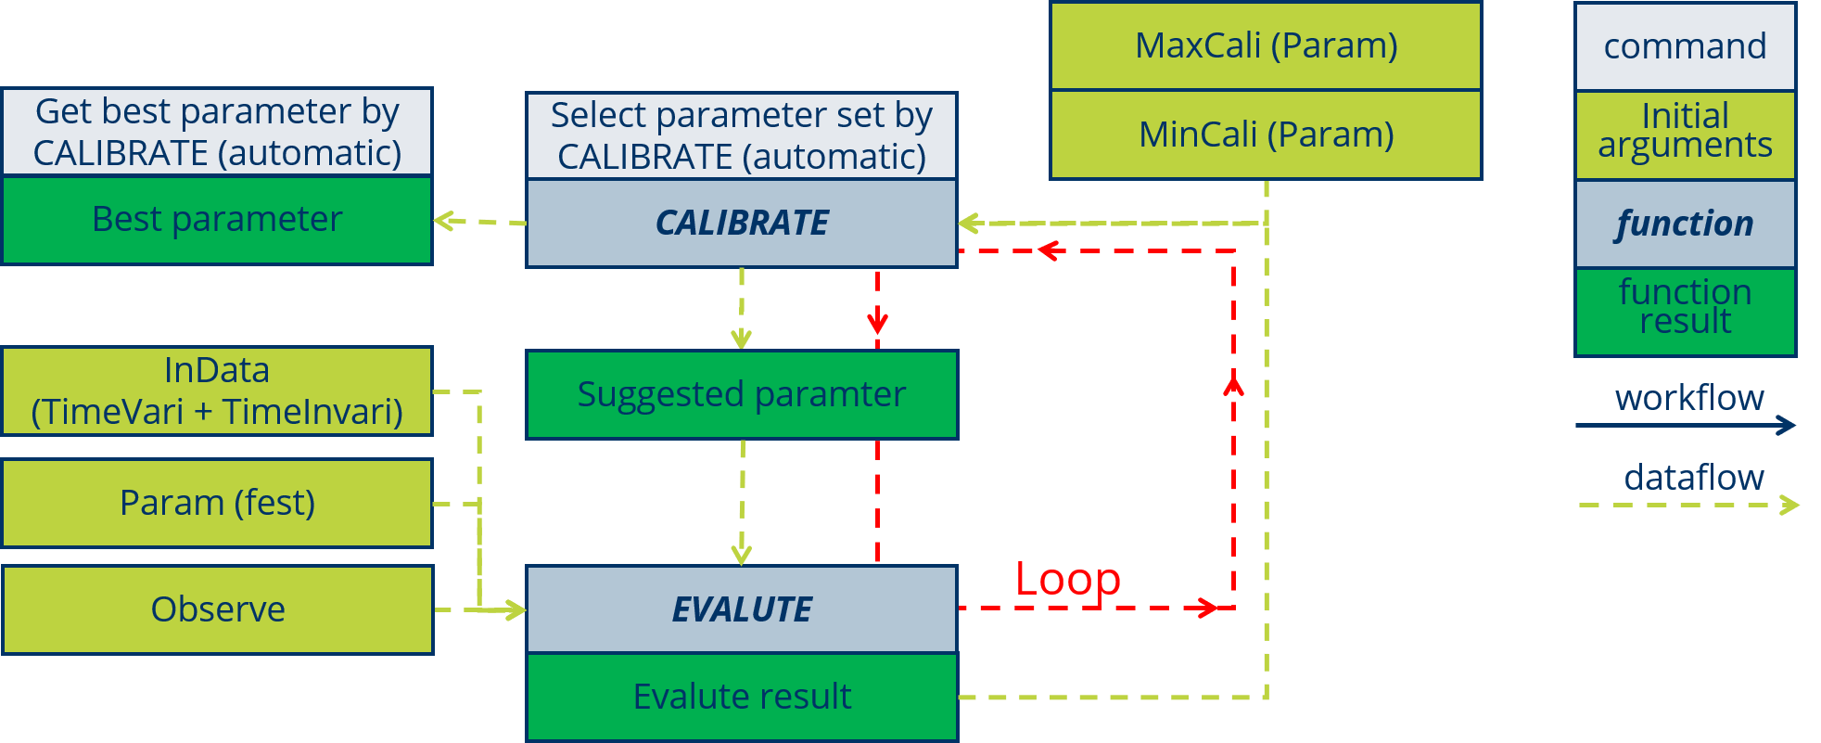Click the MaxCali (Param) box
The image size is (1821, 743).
(x=1266, y=45)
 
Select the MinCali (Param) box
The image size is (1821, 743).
(x=1266, y=135)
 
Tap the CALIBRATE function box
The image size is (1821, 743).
(x=742, y=223)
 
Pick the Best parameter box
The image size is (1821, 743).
(x=217, y=220)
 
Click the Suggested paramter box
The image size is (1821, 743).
(x=742, y=394)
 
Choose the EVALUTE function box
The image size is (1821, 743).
(x=742, y=609)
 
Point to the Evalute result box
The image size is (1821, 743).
(x=742, y=697)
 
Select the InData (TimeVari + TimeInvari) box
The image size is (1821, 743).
(x=217, y=391)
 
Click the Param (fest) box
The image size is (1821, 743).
(x=217, y=503)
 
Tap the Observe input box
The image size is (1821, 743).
(x=217, y=609)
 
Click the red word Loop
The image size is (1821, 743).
(x=1067, y=580)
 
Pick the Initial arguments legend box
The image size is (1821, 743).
(x=1685, y=132)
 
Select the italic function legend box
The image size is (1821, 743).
(x=1685, y=224)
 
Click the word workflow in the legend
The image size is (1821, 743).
(x=1689, y=398)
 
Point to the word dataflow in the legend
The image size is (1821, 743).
(x=1694, y=478)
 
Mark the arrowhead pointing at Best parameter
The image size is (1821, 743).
(x=442, y=221)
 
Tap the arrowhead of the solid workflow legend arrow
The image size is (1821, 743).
(x=1787, y=426)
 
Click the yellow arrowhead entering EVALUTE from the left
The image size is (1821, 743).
(x=516, y=609)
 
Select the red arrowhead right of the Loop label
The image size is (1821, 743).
(x=1208, y=608)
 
